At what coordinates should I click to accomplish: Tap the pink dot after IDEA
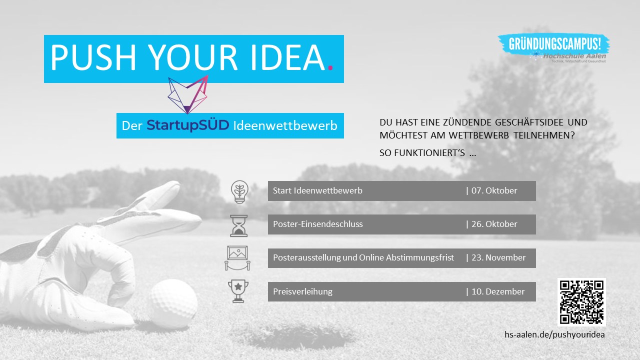click(330, 67)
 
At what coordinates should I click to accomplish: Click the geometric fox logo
click(187, 94)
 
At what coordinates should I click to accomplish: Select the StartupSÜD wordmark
click(187, 125)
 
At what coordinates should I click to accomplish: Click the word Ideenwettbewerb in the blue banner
click(285, 125)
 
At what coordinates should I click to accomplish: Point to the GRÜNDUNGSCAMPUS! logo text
click(555, 44)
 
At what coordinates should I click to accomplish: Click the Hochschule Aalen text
click(574, 56)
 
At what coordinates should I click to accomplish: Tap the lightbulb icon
click(239, 191)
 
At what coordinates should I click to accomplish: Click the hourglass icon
click(239, 225)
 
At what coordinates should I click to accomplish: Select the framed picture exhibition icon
click(237, 257)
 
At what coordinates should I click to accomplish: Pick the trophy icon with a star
click(238, 291)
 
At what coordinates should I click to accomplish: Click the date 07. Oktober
click(494, 190)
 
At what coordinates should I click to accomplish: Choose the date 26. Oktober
click(494, 224)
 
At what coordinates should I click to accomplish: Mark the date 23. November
click(498, 257)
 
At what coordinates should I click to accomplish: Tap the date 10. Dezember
click(498, 291)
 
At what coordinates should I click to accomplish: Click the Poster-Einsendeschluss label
click(317, 224)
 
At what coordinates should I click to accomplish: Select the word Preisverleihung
click(302, 291)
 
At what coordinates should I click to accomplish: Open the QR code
click(581, 302)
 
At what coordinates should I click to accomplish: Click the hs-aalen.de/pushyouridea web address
click(554, 334)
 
